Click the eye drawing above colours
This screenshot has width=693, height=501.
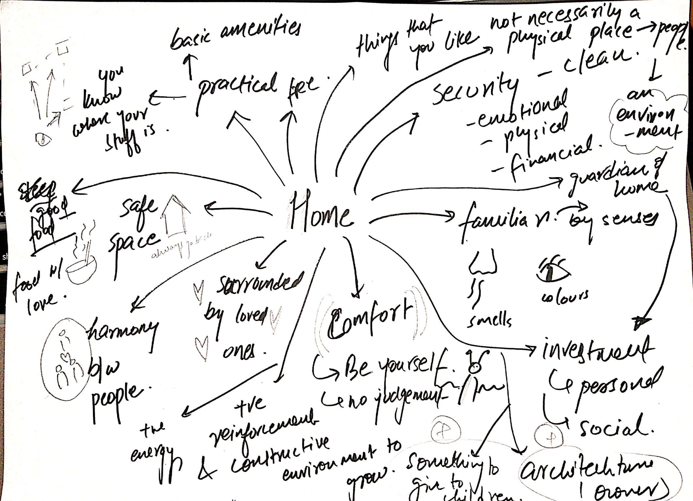(553, 270)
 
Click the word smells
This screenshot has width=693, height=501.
(489, 321)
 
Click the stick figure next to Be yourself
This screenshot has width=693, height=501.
(473, 380)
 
